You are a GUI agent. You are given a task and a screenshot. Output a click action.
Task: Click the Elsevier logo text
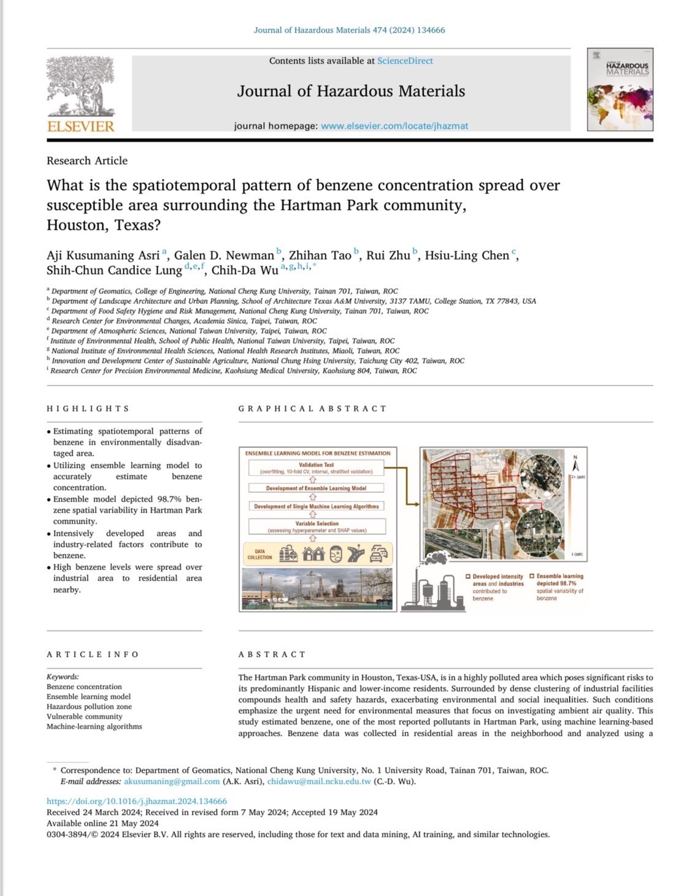[80, 126]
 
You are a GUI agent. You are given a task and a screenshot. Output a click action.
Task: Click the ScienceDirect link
[405, 61]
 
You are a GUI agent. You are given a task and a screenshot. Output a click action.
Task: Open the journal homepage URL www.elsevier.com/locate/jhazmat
[394, 126]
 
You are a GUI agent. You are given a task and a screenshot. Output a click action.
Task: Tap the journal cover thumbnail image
[620, 89]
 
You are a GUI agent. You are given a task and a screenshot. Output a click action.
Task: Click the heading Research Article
[87, 161]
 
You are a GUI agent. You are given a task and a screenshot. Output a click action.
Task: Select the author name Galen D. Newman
[224, 256]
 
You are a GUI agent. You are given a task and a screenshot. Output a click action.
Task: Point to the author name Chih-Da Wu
[245, 270]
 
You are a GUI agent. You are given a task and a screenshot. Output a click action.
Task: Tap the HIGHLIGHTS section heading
[88, 408]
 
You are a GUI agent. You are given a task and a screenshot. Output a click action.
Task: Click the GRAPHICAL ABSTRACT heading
[312, 408]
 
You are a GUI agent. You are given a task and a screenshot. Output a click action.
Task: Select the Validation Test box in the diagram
[317, 468]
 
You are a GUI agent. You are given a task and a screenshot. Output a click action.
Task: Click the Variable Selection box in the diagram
[317, 526]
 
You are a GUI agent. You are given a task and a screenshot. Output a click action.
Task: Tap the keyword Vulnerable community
[85, 716]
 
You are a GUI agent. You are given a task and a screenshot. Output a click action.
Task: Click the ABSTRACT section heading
[272, 655]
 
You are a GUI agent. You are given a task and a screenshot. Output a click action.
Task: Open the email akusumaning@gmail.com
[172, 781]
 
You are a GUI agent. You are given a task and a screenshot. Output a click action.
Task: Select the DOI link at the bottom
[137, 801]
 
